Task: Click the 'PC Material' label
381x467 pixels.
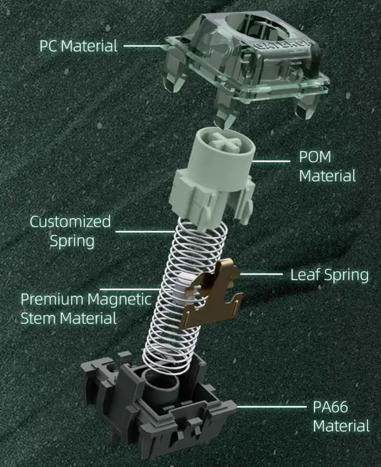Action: (79, 46)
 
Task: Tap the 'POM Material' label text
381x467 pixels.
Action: (327, 166)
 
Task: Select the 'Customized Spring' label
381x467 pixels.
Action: (71, 231)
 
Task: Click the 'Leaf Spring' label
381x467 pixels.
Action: (329, 275)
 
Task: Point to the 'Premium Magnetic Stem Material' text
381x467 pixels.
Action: (86, 309)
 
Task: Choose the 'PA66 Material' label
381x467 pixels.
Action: (341, 416)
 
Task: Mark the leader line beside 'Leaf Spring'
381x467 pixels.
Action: (261, 274)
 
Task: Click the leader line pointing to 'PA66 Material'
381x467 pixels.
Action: (271, 406)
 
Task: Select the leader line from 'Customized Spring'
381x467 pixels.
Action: (145, 231)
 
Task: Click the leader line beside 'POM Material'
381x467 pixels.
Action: (271, 161)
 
